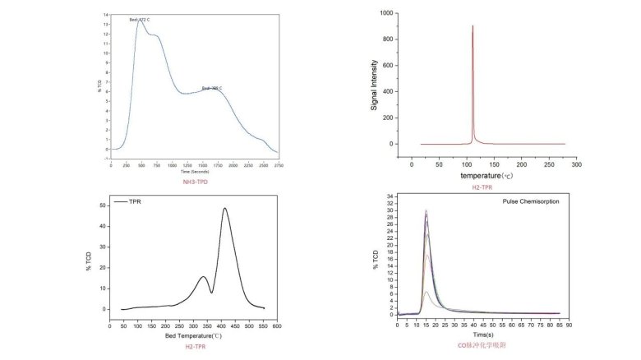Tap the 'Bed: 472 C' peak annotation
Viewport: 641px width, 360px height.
[140, 19]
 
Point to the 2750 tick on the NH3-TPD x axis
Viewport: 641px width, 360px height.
[278, 164]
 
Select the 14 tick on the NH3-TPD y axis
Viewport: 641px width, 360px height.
[105, 15]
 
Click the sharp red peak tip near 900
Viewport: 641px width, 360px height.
[473, 25]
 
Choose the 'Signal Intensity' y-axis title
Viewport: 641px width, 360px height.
[375, 85]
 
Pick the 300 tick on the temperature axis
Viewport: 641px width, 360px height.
[576, 164]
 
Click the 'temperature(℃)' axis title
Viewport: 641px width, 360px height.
[487, 175]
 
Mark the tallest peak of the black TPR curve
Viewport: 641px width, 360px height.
[224, 208]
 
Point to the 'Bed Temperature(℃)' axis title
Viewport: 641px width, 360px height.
[194, 335]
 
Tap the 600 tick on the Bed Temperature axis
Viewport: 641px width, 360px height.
[277, 327]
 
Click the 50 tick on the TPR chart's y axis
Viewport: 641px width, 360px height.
[104, 205]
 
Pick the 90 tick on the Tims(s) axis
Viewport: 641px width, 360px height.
[569, 326]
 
